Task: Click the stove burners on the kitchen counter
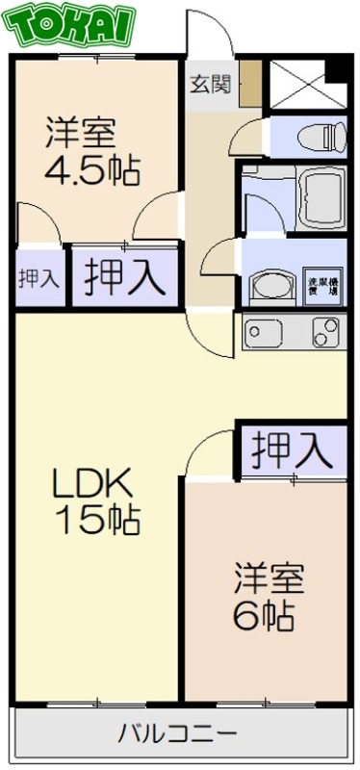click(325, 334)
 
